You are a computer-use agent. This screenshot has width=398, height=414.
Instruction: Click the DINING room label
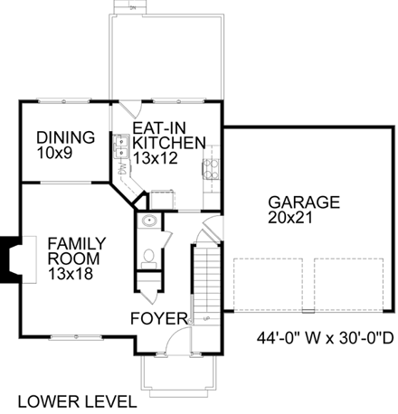[x=65, y=137]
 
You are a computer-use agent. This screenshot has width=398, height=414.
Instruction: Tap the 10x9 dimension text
[x=54, y=153]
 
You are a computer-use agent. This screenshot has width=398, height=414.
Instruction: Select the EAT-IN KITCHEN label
[x=169, y=135]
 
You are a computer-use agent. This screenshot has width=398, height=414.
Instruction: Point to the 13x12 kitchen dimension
[x=155, y=158]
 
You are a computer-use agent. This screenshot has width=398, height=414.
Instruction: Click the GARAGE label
[x=304, y=202]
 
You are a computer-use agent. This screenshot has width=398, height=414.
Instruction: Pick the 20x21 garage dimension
[x=290, y=218]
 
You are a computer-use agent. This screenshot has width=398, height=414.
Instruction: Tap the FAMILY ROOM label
[x=77, y=251]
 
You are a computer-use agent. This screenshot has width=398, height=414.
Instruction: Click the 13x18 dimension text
[x=71, y=274]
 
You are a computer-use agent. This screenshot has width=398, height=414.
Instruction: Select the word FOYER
[x=159, y=318]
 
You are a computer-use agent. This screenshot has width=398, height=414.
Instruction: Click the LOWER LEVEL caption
[x=77, y=401]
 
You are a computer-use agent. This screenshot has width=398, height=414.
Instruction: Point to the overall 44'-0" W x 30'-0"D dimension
[x=326, y=338]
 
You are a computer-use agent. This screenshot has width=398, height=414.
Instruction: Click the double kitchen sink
[x=121, y=146]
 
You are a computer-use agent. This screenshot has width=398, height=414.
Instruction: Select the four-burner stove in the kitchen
[x=211, y=170]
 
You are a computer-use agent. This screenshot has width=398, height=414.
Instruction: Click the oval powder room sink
[x=149, y=221]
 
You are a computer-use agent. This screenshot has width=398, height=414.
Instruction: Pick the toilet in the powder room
[x=148, y=259]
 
